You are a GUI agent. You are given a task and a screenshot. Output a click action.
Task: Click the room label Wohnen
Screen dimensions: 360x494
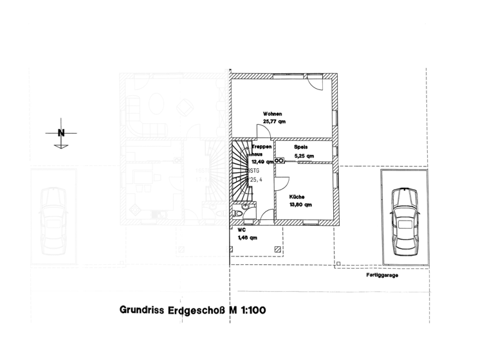(273, 114)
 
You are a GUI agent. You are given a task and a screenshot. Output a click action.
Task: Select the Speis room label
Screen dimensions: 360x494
(301, 147)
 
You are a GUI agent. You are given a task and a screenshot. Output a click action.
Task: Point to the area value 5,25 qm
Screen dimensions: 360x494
(304, 156)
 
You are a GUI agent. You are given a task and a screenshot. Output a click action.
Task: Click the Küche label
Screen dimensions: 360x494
(297, 196)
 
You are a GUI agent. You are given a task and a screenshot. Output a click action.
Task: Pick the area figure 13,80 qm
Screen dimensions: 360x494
(300, 205)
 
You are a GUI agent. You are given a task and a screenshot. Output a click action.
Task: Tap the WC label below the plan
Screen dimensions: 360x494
(241, 230)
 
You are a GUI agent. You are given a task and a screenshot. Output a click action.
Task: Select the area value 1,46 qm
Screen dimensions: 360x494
(248, 238)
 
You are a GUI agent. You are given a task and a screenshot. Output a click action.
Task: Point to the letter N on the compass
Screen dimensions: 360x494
(61, 133)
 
